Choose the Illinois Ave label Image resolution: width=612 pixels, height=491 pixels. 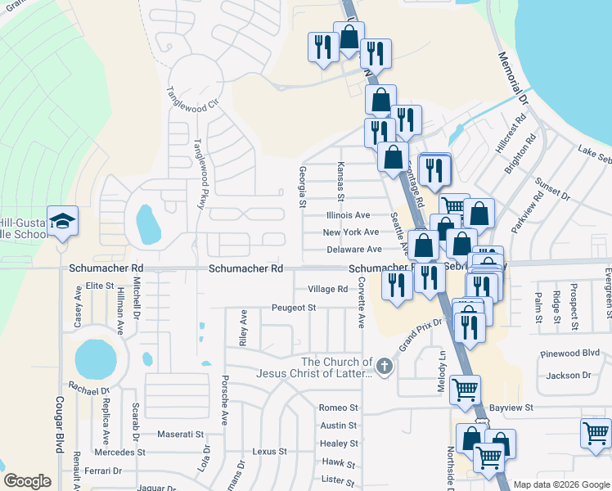(348, 215)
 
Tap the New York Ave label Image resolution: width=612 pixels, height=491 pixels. (351, 232)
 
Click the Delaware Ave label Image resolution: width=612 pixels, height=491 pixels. (353, 250)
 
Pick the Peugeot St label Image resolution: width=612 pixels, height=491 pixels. (294, 308)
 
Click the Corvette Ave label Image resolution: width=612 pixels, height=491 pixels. (360, 305)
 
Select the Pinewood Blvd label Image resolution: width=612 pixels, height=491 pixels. (570, 355)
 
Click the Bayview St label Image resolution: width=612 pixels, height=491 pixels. (511, 407)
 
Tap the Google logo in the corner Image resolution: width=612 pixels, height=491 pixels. (28, 481)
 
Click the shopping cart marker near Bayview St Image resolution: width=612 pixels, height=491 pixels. (465, 390)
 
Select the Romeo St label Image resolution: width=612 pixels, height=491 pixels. (339, 408)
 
